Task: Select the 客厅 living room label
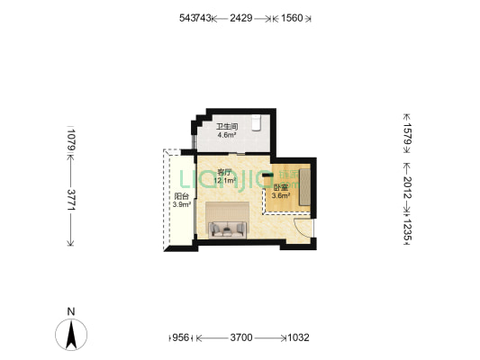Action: (x=225, y=171)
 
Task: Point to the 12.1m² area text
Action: (x=225, y=180)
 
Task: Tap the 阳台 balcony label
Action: (x=181, y=196)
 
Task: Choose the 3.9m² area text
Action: (x=181, y=205)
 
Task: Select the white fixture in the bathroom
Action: (x=256, y=124)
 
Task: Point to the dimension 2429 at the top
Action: (x=240, y=18)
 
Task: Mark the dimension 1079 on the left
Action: (x=71, y=141)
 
